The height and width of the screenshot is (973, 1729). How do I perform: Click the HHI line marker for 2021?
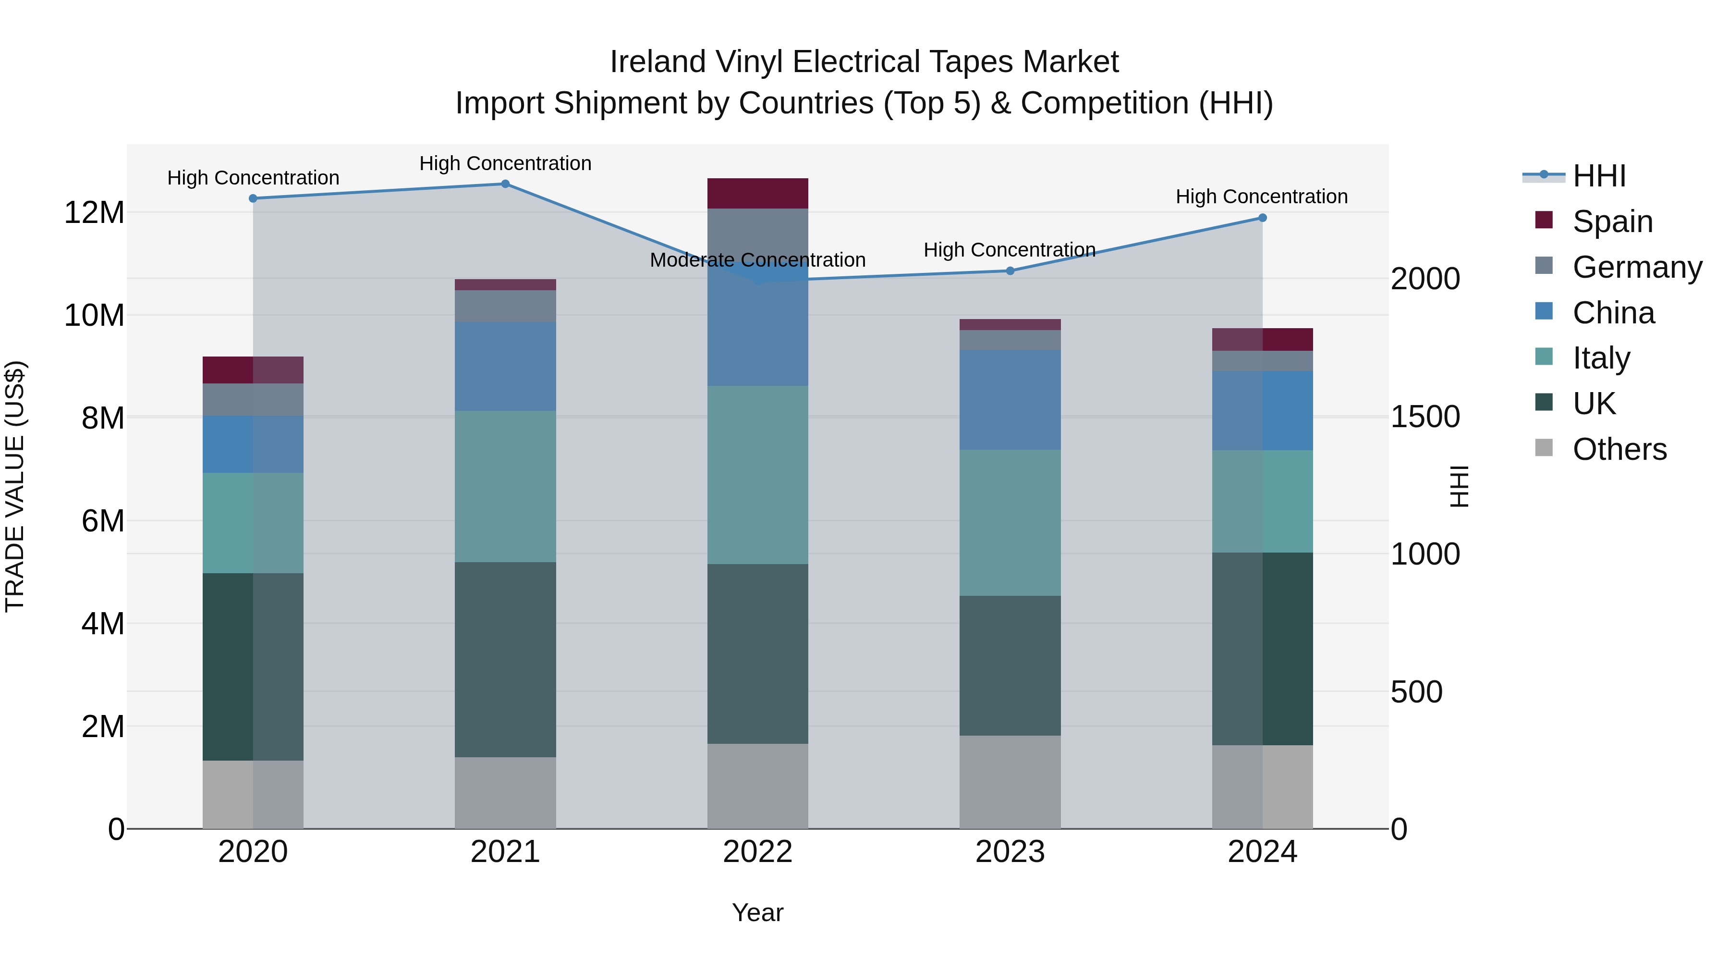tap(505, 184)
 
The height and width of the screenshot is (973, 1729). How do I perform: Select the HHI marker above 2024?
tap(1262, 218)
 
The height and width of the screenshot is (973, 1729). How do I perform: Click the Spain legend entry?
tap(1611, 222)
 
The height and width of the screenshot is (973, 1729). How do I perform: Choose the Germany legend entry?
tap(1636, 267)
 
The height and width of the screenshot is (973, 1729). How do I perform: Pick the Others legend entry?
tap(1619, 449)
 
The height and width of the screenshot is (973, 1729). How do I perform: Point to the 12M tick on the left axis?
tap(94, 213)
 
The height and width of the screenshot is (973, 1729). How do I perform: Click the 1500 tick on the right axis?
tap(1425, 417)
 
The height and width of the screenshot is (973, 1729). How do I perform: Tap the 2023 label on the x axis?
tap(1010, 852)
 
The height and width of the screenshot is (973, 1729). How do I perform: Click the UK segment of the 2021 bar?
tap(505, 659)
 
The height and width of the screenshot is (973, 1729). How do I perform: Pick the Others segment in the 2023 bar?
tap(1010, 782)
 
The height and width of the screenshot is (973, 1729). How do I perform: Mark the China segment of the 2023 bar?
tap(1010, 400)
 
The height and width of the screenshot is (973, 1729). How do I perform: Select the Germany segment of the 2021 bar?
tap(505, 306)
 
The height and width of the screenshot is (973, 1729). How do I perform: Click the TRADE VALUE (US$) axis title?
tap(15, 486)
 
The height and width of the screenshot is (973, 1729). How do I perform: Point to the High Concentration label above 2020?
tap(253, 178)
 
